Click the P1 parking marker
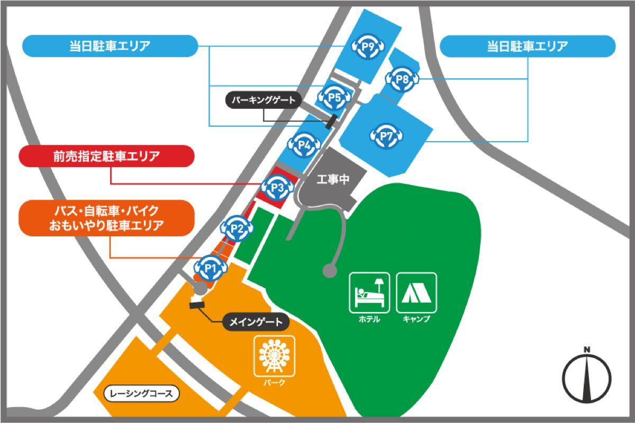pyautogui.click(x=211, y=269)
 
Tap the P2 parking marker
pyautogui.click(x=237, y=229)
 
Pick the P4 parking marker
pyautogui.click(x=304, y=144)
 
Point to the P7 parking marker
pyautogui.click(x=387, y=136)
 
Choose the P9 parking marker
pyautogui.click(x=368, y=47)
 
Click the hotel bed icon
pyautogui.click(x=369, y=291)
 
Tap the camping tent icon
pyautogui.click(x=416, y=291)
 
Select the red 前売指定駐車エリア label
pyautogui.click(x=106, y=157)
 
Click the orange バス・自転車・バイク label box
pyautogui.click(x=106, y=218)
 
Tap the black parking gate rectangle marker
pyautogui.click(x=331, y=122)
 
